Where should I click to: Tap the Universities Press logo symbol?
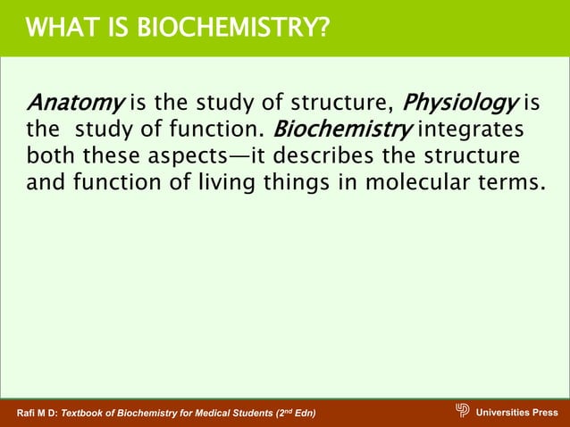click(462, 411)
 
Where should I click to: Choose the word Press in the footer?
click(543, 412)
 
